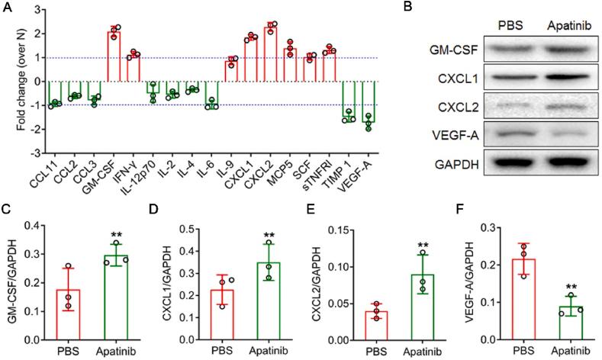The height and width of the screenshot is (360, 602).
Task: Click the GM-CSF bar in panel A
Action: (x=114, y=57)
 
